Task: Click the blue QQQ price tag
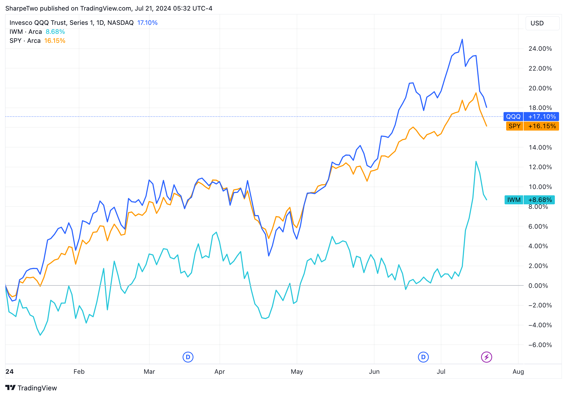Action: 531,117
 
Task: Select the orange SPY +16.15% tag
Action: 532,126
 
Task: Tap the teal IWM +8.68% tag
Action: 529,200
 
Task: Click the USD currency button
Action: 542,23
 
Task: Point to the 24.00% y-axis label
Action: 540,49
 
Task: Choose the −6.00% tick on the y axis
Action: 540,345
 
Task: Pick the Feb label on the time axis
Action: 79,372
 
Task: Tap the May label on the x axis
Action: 297,372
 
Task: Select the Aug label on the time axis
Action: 518,372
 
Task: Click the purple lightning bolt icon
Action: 486,357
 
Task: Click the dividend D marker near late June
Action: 423,357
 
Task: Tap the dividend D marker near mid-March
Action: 188,357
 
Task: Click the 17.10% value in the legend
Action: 147,23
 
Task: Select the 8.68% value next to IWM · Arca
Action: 55,32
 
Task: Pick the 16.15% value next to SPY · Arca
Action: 55,41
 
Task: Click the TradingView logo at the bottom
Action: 31,388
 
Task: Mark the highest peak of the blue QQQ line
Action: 462,40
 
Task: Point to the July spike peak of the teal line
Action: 476,161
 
